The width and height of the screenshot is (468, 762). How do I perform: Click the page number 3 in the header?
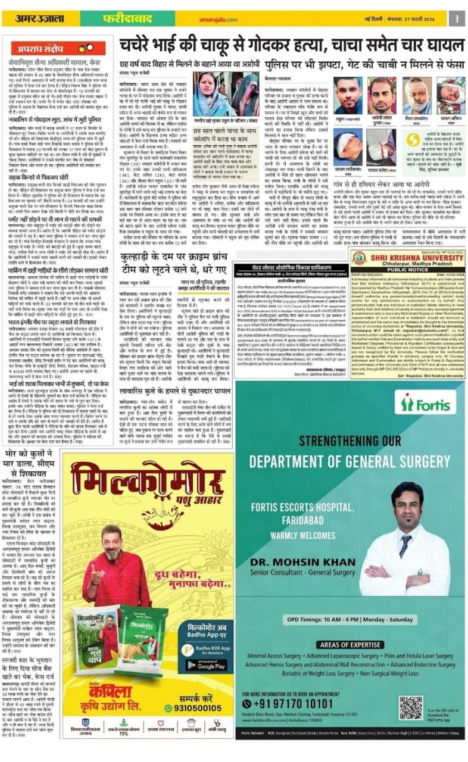456,17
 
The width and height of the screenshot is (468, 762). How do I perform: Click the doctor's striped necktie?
405,544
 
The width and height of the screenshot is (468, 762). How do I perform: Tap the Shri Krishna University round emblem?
358,258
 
